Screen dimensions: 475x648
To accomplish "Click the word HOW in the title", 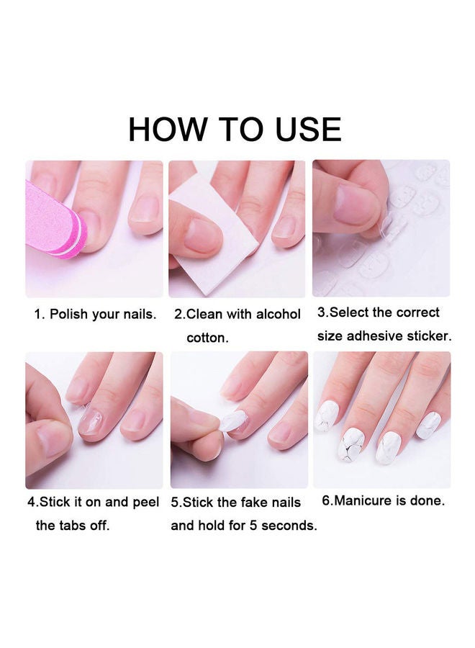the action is click(167, 130).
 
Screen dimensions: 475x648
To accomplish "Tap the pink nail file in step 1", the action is click(55, 221).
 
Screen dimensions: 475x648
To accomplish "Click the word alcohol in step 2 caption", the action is click(278, 314).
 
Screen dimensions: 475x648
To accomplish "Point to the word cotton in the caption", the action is click(207, 338).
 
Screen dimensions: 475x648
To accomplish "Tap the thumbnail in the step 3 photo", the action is click(356, 204).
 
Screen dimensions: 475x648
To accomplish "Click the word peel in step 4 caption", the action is click(146, 503).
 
